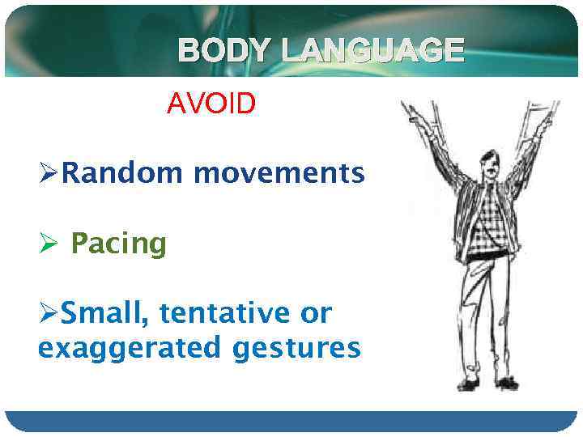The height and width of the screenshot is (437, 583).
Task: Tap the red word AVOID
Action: coord(211,103)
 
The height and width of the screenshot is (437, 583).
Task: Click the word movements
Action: coord(279,172)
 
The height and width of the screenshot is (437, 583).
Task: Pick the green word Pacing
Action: coord(118,243)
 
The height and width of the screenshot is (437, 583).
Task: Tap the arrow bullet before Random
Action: coord(48,173)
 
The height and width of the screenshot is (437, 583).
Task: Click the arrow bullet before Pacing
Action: coord(48,243)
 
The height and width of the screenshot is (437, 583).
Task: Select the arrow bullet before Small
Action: coord(48,313)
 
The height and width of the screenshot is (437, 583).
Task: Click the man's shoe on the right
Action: coord(505,382)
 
